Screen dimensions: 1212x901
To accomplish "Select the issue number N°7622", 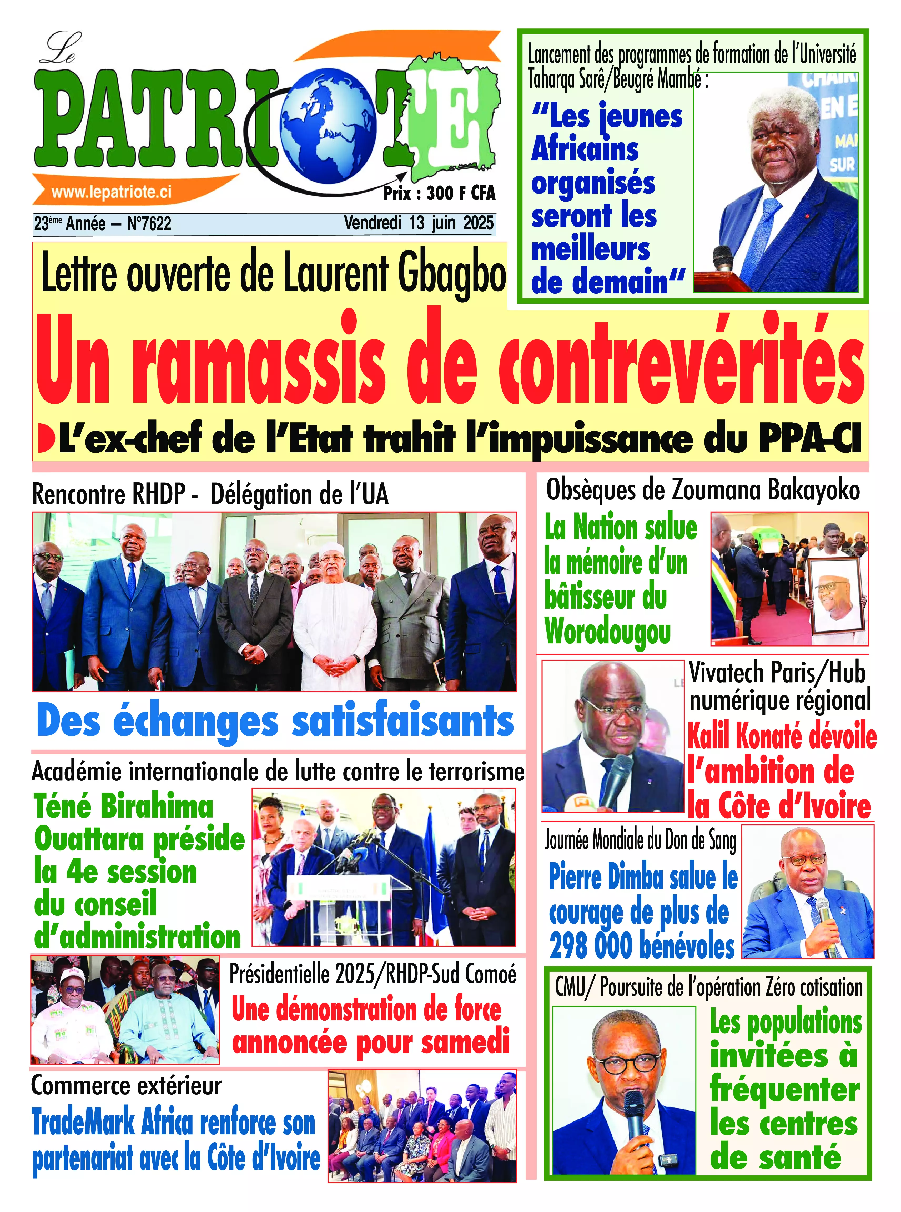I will [x=149, y=224].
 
